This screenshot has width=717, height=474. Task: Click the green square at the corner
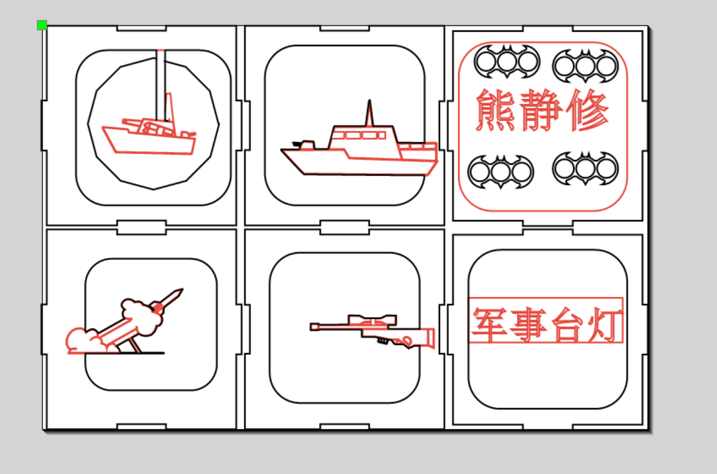(42, 25)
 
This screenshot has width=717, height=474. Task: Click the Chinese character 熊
(495, 110)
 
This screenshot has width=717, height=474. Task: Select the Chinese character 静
(541, 110)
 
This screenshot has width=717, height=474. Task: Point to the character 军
(489, 324)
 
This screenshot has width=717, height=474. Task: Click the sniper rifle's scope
(372, 320)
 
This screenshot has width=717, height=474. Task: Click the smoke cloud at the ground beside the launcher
(85, 341)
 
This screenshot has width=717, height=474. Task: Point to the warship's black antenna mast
(369, 113)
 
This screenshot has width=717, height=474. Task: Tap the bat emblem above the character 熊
(507, 61)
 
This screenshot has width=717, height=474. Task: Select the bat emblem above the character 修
(586, 66)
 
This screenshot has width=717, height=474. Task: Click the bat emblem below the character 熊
(501, 172)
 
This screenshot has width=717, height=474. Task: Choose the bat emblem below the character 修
(586, 168)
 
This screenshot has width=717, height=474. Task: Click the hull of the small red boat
(148, 141)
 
